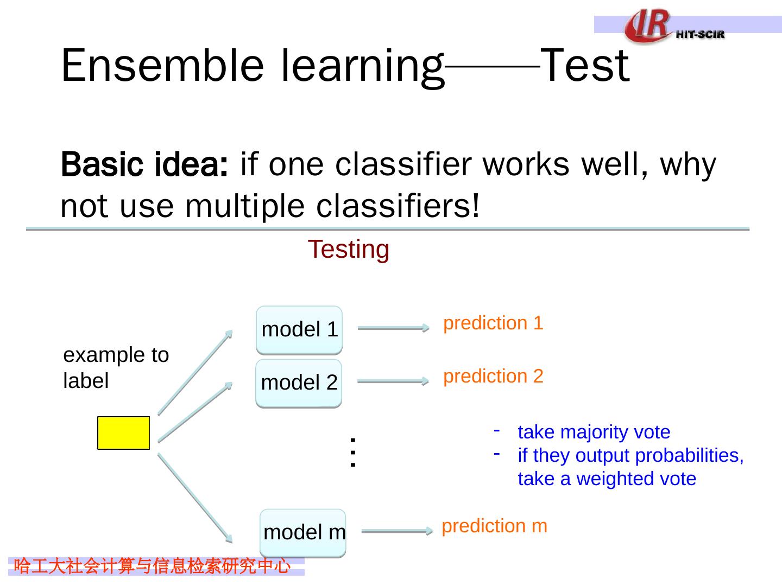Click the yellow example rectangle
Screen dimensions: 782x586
[124, 432]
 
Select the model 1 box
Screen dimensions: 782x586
[299, 330]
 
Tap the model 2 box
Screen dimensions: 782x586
[299, 383]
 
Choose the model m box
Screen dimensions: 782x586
[303, 533]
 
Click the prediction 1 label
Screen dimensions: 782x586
[493, 323]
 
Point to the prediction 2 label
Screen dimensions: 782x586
[493, 377]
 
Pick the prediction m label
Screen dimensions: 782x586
[495, 526]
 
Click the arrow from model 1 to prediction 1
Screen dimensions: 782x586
[394, 328]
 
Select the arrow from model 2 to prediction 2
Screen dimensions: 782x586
[393, 381]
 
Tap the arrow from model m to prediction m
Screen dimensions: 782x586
[397, 531]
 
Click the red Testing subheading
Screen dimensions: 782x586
[349, 250]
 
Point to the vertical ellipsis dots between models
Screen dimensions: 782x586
[352, 452]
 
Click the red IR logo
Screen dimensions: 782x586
[647, 25]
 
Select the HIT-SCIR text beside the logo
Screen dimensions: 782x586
[701, 35]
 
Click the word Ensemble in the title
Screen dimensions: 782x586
[162, 66]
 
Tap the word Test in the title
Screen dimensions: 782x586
[585, 66]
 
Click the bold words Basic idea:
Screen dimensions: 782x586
[144, 164]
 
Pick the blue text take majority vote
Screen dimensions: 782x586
[594, 432]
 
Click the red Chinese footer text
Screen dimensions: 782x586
[152, 566]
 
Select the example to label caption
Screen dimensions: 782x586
[116, 368]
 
